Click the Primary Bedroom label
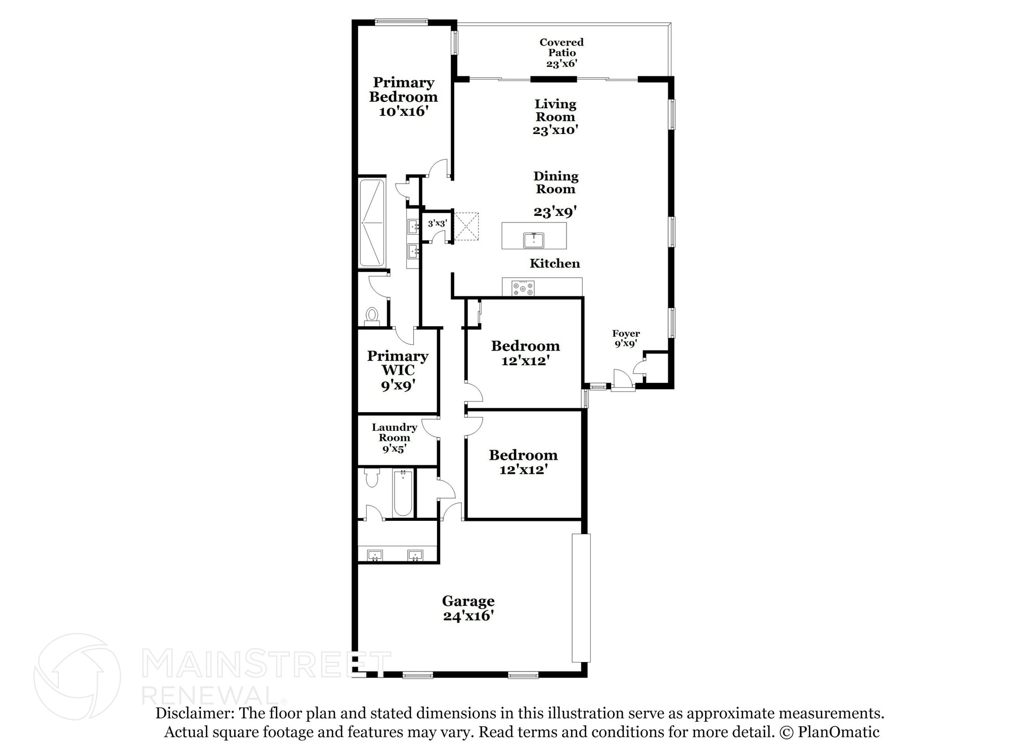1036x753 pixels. click(403, 97)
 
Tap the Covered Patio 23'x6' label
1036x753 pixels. click(561, 53)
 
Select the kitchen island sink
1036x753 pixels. click(534, 240)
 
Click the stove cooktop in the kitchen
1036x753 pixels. click(523, 288)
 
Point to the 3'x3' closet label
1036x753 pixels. click(437, 223)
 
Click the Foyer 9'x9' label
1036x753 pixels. click(626, 338)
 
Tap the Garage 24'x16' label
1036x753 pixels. click(468, 608)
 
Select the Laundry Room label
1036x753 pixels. click(394, 437)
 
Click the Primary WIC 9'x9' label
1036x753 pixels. click(398, 370)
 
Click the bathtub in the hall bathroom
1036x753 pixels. click(403, 493)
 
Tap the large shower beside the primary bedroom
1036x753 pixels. click(372, 223)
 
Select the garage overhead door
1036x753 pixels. click(581, 597)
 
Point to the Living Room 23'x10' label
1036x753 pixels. click(555, 117)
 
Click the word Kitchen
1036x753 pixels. click(554, 263)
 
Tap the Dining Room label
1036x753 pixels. click(555, 183)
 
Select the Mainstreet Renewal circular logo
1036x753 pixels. click(77, 676)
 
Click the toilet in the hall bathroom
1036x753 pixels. click(372, 477)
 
